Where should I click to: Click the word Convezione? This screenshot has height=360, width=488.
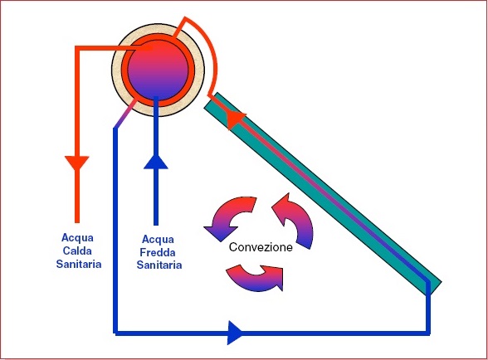pyautogui.click(x=261, y=247)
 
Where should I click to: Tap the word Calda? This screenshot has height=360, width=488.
pyautogui.click(x=77, y=251)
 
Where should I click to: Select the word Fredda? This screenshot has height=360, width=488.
pyautogui.click(x=158, y=252)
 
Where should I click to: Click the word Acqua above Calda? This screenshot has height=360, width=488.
pyautogui.click(x=77, y=238)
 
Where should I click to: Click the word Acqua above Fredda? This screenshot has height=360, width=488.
pyautogui.click(x=158, y=240)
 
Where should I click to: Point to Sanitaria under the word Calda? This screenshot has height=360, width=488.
pyautogui.click(x=79, y=264)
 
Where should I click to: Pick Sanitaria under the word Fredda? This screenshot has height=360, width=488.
pyautogui.click(x=159, y=265)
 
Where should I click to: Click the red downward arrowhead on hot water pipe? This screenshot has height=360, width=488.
pyautogui.click(x=77, y=163)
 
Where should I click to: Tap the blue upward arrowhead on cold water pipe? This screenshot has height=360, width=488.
pyautogui.click(x=156, y=162)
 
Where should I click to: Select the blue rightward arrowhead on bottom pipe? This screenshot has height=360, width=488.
pyautogui.click(x=235, y=333)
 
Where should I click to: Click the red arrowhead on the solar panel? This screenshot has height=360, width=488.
pyautogui.click(x=236, y=120)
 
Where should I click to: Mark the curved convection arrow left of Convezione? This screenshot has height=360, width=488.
pyautogui.click(x=231, y=218)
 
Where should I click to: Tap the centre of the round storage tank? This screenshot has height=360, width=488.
pyautogui.click(x=158, y=70)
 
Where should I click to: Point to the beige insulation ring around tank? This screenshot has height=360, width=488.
pyautogui.click(x=116, y=70)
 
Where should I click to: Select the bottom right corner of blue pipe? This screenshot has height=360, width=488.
pyautogui.click(x=428, y=333)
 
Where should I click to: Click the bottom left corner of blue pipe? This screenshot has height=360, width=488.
pyautogui.click(x=115, y=333)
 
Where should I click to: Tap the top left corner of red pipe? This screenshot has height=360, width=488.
pyautogui.click(x=77, y=48)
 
